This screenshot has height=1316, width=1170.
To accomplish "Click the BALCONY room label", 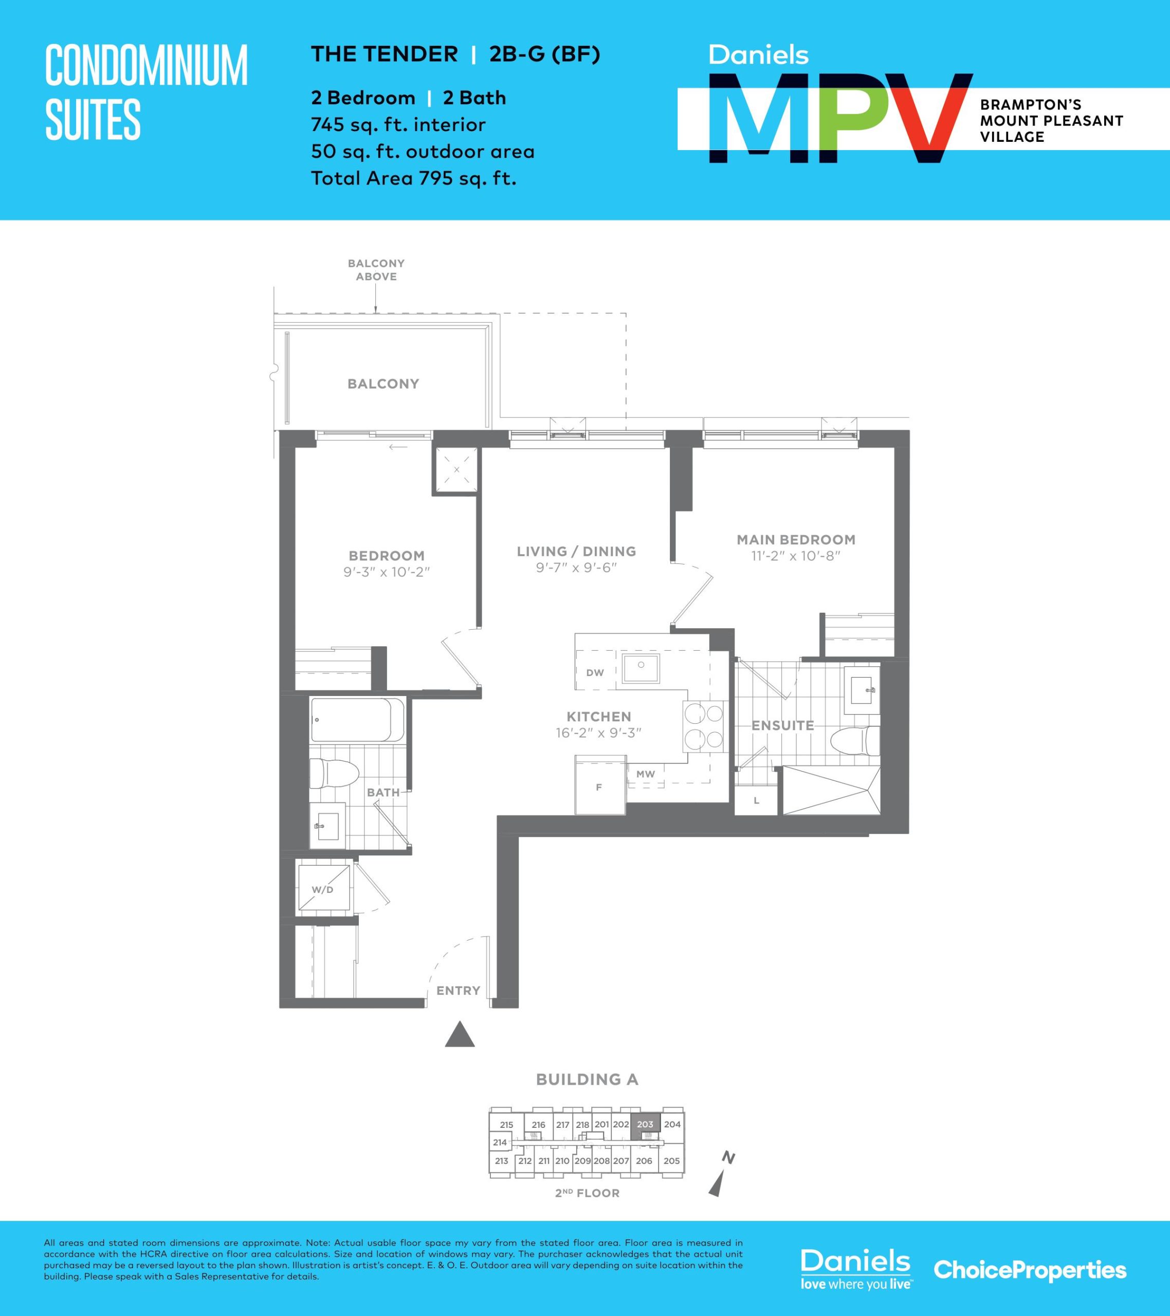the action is [x=383, y=383].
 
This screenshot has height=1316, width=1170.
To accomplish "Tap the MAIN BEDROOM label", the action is [x=796, y=540].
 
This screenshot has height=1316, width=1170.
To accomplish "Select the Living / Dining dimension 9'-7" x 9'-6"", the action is [x=576, y=568].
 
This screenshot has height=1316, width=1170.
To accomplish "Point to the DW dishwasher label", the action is [x=595, y=673].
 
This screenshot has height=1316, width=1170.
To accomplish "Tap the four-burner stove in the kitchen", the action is [x=704, y=726].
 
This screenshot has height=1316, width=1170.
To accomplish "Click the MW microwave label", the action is [x=645, y=774].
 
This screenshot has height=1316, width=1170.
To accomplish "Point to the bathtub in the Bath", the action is [x=357, y=720].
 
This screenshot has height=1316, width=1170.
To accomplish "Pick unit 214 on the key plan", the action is [x=500, y=1142].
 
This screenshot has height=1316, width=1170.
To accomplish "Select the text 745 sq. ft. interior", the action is [x=398, y=124].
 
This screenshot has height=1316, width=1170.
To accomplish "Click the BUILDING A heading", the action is [x=587, y=1080].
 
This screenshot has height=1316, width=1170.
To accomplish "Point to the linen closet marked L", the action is [x=757, y=801].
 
